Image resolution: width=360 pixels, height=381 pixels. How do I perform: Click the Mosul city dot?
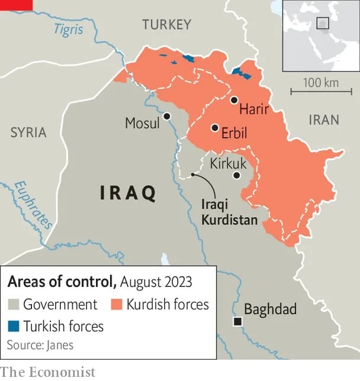click(168, 117)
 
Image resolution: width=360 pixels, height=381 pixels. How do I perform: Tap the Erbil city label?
click(234, 133)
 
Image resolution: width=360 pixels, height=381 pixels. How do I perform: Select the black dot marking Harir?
click(234, 100)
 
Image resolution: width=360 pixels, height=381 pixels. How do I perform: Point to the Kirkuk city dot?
click(237, 175)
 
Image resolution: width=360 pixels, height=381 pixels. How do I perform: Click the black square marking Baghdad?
click(237, 321)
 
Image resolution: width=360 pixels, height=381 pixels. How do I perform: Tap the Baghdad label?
click(270, 309)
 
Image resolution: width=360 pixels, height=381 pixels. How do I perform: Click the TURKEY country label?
click(166, 24)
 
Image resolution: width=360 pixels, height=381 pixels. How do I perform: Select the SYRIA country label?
click(28, 133)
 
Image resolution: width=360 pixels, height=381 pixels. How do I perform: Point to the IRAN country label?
click(324, 120)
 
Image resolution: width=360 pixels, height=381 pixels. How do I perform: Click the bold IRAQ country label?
click(128, 193)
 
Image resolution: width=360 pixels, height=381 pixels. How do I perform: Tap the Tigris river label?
click(68, 29)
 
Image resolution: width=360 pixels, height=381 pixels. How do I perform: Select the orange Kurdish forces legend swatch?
click(116, 305)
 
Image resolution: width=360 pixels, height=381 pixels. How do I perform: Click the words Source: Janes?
click(40, 345)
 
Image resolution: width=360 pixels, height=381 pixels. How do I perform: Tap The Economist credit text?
click(47, 372)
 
